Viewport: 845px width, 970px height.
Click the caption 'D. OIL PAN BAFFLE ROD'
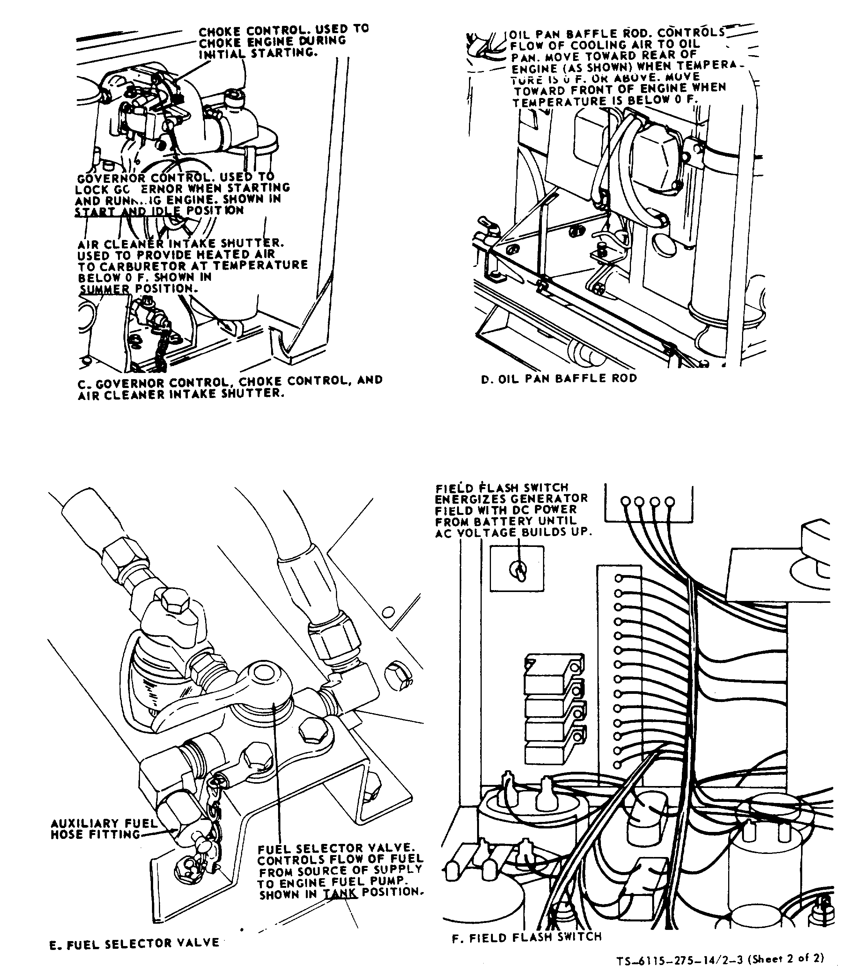[559, 378]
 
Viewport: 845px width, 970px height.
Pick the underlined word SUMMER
[104, 288]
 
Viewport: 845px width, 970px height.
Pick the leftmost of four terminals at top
[625, 501]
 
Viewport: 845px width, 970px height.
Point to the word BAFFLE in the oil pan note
[593, 34]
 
